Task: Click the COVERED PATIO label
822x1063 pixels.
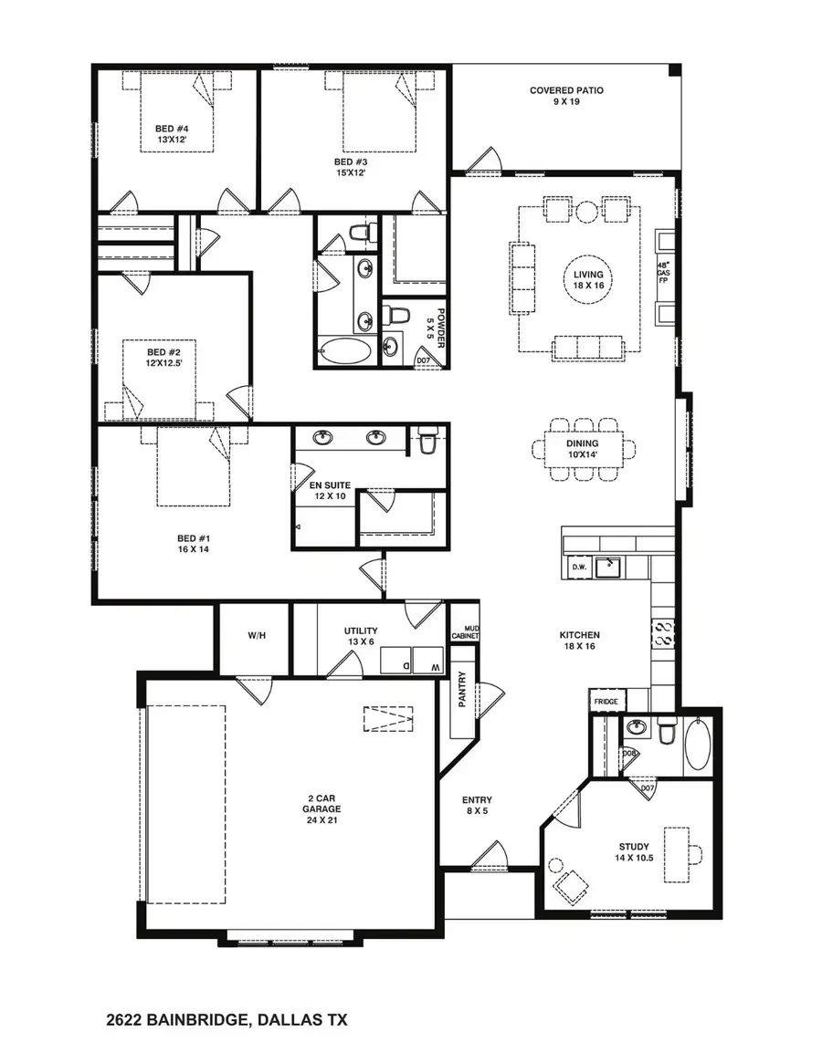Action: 566,97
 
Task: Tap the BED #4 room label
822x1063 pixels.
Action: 171,135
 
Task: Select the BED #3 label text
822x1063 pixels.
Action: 351,168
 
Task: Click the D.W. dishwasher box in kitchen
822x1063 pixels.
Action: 578,567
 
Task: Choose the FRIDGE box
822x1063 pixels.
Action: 606,701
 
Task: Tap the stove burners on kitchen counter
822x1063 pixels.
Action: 662,632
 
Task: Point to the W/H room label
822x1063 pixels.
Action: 256,635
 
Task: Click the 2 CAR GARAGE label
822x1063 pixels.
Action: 322,814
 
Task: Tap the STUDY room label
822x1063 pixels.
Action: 634,852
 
